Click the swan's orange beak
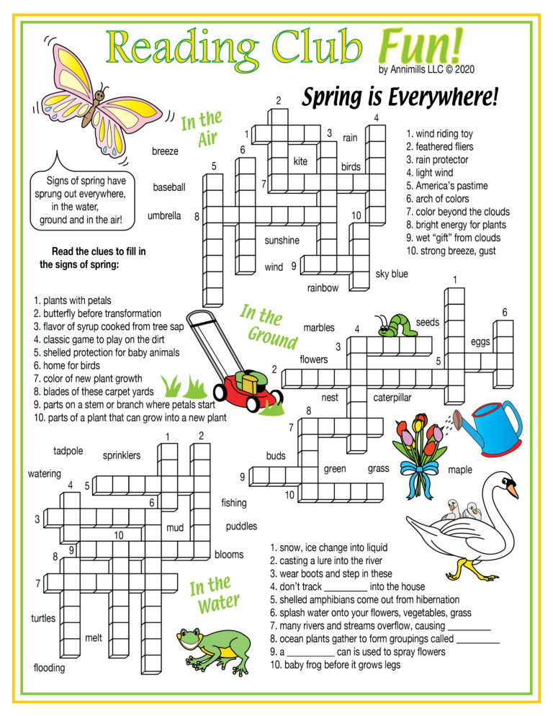[513, 491]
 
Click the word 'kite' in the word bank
[300, 161]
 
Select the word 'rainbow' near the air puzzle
[323, 288]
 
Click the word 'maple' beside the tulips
[460, 470]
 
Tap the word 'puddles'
[241, 526]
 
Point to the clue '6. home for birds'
[73, 365]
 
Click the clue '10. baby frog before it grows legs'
[336, 665]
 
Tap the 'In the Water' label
[212, 595]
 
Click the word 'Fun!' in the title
[420, 46]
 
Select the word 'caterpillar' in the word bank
[392, 397]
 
